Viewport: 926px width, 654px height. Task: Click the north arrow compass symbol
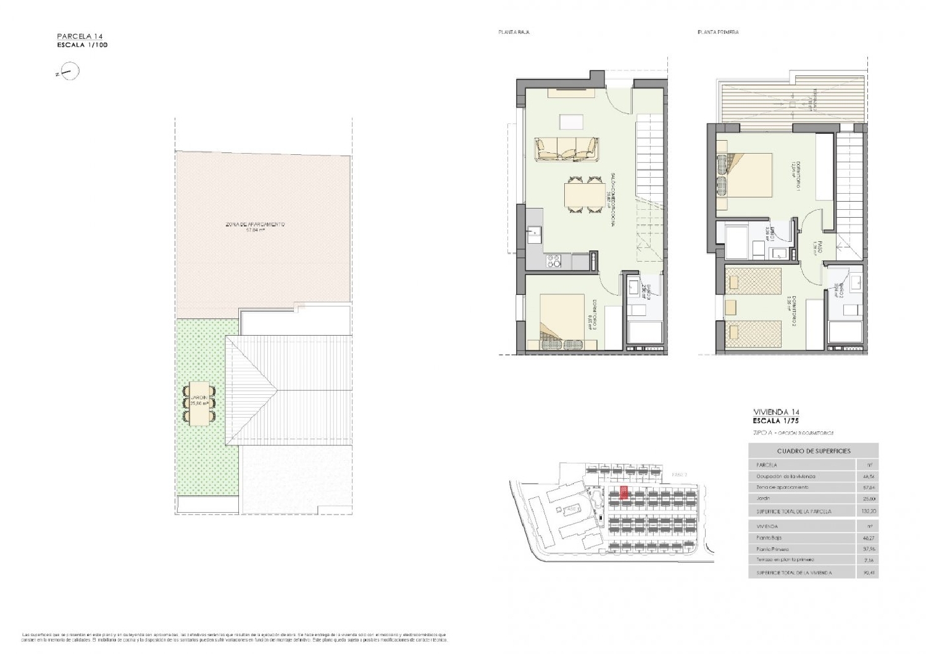click(72, 72)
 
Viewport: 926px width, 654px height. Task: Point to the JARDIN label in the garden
click(198, 397)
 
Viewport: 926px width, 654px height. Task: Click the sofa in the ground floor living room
click(567, 149)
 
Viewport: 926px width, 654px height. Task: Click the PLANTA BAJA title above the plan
click(514, 32)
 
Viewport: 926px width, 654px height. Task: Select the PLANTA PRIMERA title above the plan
click(718, 32)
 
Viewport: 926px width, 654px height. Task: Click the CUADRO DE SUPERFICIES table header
click(813, 451)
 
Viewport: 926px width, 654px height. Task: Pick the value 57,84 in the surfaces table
click(867, 487)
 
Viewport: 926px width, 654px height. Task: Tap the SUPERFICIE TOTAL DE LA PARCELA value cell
click(867, 511)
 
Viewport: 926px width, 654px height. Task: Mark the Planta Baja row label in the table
click(769, 538)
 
